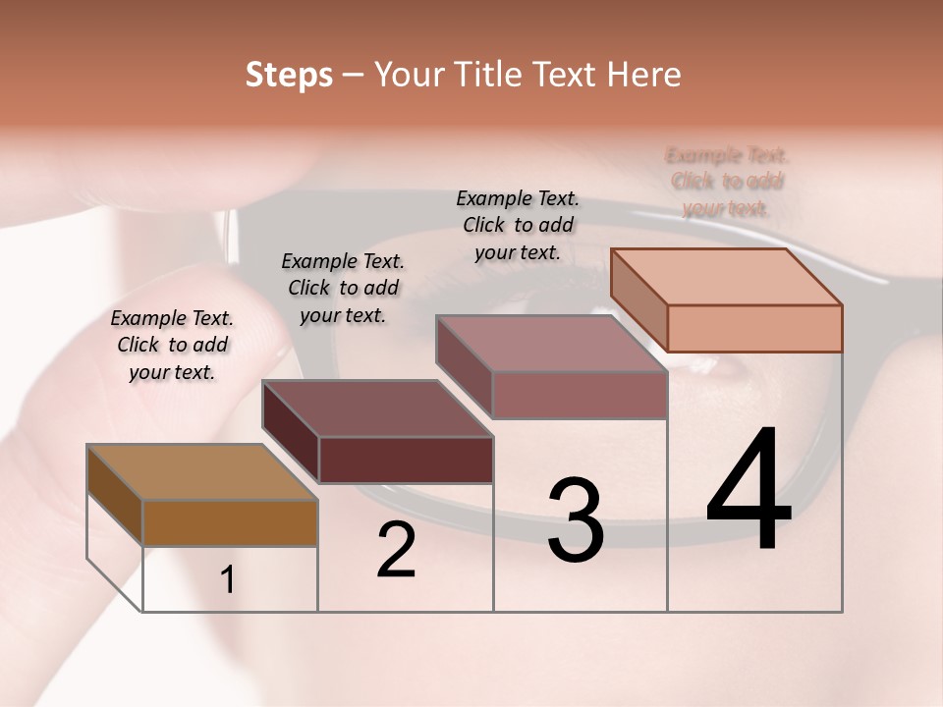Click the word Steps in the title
tap(289, 75)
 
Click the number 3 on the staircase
tap(576, 520)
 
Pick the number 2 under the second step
tap(396, 550)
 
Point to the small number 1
tap(227, 580)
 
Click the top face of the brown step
tap(201, 472)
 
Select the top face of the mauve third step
tap(551, 344)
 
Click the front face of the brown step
tap(230, 523)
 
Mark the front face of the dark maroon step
tap(406, 460)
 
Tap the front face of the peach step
tap(754, 328)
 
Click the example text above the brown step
tap(172, 345)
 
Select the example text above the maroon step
tap(343, 288)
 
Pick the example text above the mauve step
tap(518, 225)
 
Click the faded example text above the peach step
tap(727, 181)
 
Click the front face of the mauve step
tap(580, 395)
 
